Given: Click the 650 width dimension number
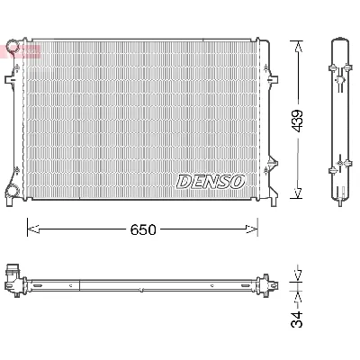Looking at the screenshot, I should tap(142, 229).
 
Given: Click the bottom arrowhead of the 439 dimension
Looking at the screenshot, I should tap(298, 199).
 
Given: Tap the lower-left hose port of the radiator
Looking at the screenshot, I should tap(12, 191).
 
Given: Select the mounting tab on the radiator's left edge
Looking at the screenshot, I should tap(8, 80).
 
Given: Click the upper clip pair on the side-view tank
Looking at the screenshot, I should tap(339, 71).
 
